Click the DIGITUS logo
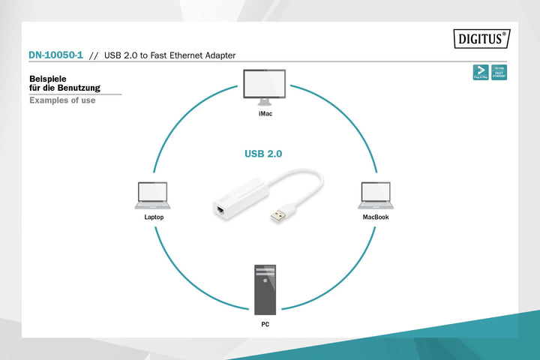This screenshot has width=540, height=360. (481, 38)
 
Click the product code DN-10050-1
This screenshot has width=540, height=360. (55, 55)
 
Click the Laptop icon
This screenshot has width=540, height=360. (153, 195)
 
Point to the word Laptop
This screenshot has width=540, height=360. (154, 217)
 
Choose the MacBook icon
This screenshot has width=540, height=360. (375, 195)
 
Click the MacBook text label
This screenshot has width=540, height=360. (375, 217)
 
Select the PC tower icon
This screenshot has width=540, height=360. (265, 289)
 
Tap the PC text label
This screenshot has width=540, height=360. (265, 325)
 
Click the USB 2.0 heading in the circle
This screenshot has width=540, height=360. (263, 154)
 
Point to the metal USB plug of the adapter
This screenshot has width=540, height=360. (279, 215)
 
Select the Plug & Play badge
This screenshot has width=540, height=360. (481, 73)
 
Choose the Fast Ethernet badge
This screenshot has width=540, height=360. (499, 73)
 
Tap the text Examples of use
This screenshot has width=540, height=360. (62, 100)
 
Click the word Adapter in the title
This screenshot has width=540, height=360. (219, 55)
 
